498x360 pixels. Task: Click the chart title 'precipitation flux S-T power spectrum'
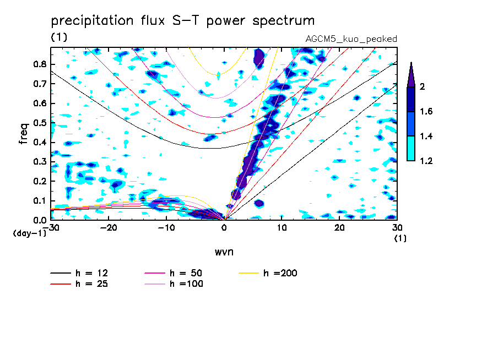[182, 21]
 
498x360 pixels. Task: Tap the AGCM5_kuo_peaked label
[351, 39]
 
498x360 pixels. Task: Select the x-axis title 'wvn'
[224, 252]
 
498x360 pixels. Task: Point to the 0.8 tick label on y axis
[39, 64]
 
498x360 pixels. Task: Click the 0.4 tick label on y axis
[39, 142]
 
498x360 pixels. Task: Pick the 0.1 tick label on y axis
[39, 200]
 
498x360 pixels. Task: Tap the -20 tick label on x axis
[109, 228]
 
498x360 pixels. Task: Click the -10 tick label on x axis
[166, 228]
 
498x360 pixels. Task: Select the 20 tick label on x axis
[339, 228]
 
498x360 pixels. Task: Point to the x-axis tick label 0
[224, 228]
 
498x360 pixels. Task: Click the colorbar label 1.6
[426, 112]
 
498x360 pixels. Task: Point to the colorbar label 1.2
[426, 161]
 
